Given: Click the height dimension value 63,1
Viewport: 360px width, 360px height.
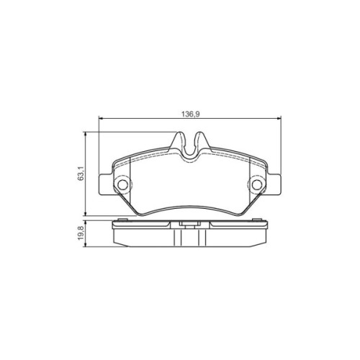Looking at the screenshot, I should pyautogui.click(x=81, y=174).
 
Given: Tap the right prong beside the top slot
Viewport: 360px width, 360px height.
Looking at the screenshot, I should pyautogui.click(x=203, y=139).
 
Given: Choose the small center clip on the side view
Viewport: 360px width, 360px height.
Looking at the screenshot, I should pyautogui.click(x=191, y=226).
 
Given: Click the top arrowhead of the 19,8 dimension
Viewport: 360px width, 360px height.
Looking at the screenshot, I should pyautogui.click(x=87, y=224).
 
